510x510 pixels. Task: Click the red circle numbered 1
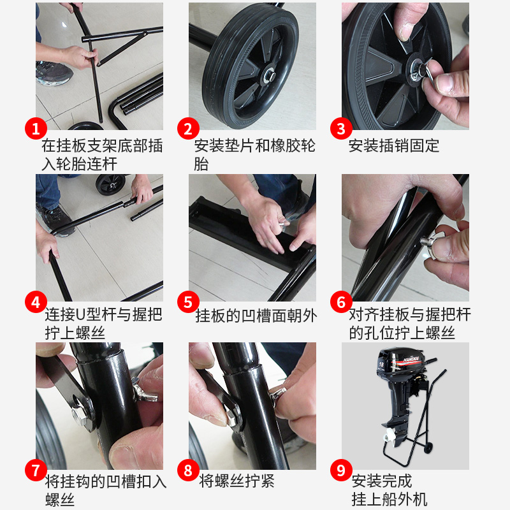point(36,129)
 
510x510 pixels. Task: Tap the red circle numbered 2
point(188,129)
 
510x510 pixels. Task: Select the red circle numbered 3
point(341,129)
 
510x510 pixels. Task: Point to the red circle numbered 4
point(36,300)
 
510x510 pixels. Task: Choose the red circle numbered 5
point(188,300)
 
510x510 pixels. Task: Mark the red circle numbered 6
point(341,300)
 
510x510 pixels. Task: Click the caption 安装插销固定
point(394,146)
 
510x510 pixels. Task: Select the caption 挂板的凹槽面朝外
point(256,316)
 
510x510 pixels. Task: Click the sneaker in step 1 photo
point(54,73)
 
